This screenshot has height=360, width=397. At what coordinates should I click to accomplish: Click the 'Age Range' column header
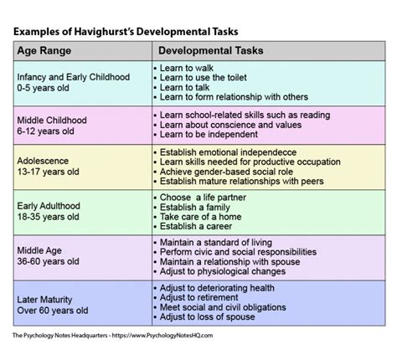click(x=49, y=50)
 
